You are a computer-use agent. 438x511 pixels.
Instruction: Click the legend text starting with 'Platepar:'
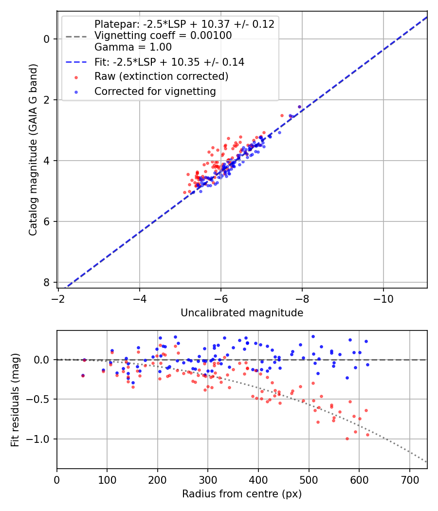184,24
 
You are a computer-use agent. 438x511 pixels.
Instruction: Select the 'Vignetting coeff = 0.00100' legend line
163,36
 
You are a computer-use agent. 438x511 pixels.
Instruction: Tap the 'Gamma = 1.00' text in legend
133,47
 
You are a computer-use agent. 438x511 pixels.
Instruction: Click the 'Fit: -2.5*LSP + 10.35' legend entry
169,62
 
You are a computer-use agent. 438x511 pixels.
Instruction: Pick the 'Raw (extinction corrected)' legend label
161,76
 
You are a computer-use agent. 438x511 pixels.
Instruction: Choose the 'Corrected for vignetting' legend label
155,91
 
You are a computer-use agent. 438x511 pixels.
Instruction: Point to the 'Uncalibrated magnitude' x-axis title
242,313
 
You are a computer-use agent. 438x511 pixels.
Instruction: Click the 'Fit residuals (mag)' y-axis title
15,400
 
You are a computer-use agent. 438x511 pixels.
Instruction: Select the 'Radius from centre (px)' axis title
242,494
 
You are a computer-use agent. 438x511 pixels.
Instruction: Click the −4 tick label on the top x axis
140,298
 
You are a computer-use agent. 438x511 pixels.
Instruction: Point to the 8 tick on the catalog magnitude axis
47,283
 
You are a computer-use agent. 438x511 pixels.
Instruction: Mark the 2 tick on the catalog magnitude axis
47,100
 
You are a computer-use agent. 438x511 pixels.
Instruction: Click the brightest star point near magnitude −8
299,107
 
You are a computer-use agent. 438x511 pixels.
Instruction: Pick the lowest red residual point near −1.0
347,438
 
